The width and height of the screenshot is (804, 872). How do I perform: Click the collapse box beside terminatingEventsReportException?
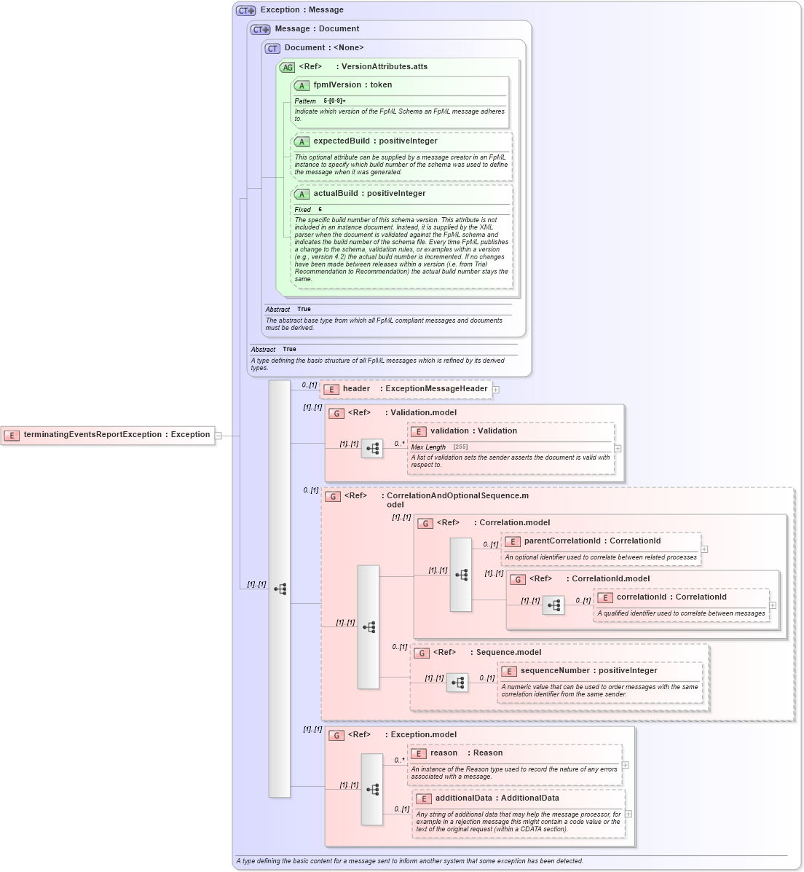[x=218, y=436]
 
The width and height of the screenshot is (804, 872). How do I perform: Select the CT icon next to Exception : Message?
[x=245, y=10]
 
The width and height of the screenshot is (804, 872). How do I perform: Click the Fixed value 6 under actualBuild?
[x=320, y=210]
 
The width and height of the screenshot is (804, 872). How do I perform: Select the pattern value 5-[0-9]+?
[x=334, y=101]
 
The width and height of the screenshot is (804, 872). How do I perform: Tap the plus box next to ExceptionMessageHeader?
[x=495, y=390]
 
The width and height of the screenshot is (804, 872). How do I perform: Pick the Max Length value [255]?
[x=460, y=447]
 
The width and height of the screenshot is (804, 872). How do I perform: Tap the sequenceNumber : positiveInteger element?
[x=588, y=671]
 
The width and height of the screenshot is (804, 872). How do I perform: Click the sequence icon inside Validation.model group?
[x=372, y=449]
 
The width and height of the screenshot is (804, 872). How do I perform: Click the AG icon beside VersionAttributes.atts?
[x=288, y=67]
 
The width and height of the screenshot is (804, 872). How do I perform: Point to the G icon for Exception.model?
[x=336, y=735]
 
